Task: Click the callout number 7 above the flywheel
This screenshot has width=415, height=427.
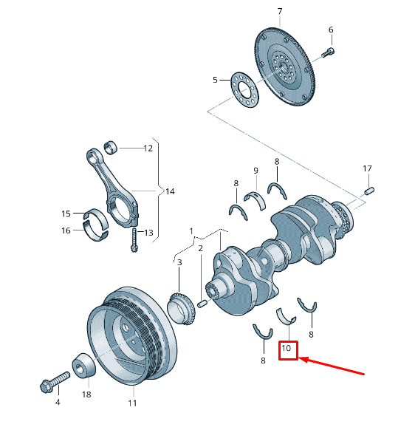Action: coord(280,11)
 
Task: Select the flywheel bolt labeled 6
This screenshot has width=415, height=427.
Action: coord(328,52)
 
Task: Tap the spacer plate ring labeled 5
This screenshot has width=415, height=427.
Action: coord(244,90)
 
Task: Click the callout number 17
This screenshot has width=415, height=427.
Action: coord(367,168)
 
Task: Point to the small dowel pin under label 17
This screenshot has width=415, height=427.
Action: coord(369,191)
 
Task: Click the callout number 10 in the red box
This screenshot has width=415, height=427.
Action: coord(286,348)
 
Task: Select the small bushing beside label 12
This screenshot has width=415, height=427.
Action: coord(111,147)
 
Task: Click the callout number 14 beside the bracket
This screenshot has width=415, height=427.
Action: coord(170,191)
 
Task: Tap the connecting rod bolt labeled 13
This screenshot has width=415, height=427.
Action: coord(134,240)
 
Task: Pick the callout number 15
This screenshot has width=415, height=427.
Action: coord(66,213)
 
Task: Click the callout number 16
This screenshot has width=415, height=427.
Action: coord(66,230)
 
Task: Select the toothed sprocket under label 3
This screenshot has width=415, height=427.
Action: coord(181,309)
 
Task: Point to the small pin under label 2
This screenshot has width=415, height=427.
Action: coord(202,304)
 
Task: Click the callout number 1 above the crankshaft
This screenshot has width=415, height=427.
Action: coord(191,231)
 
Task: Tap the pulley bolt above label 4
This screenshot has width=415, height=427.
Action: coord(55,383)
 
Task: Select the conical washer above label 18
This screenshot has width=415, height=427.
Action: coord(84,366)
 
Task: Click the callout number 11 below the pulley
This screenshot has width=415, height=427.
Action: coord(132,403)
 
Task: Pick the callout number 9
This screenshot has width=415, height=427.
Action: coord(255,171)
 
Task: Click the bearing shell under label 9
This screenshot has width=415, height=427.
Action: coord(255,200)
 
